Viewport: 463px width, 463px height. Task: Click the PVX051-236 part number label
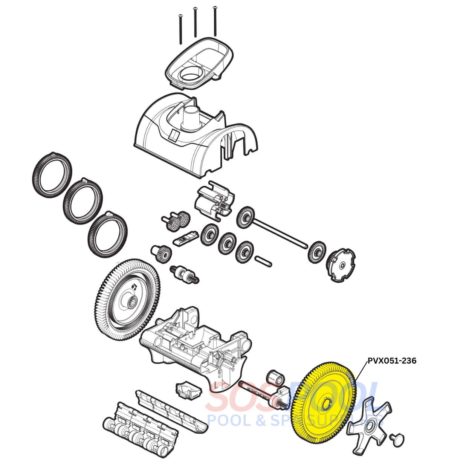coord(392,361)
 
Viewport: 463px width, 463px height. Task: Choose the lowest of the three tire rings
coord(108,235)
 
